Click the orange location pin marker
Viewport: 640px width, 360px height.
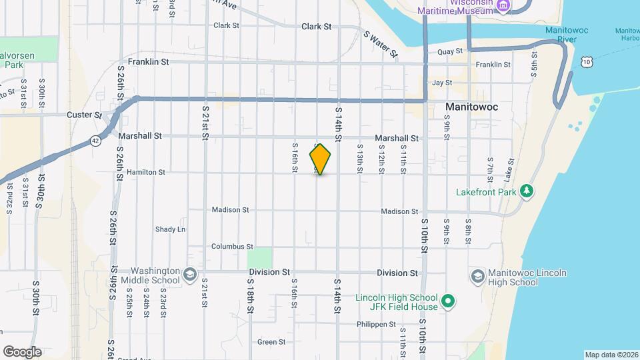click(x=321, y=159)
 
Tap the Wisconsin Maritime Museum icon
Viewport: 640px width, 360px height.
click(x=503, y=7)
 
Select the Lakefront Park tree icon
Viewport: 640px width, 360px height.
click(x=527, y=191)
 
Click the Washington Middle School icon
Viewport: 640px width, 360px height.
click(x=189, y=275)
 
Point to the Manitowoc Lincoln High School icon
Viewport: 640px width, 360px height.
click(x=477, y=276)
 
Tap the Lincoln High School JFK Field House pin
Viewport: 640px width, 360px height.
click(x=449, y=302)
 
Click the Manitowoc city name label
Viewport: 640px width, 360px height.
click(x=471, y=107)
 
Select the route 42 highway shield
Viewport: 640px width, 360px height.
click(x=95, y=141)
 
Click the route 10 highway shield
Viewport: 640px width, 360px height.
click(x=585, y=62)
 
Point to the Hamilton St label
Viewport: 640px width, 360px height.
click(x=145, y=172)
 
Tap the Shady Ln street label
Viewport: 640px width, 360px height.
click(x=170, y=229)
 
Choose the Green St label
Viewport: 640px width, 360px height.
click(x=271, y=342)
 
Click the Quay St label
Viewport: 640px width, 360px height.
click(x=450, y=51)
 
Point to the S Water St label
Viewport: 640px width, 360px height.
click(x=381, y=44)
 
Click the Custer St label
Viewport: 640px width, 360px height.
click(x=84, y=115)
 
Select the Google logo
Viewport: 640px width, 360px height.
click(x=22, y=352)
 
